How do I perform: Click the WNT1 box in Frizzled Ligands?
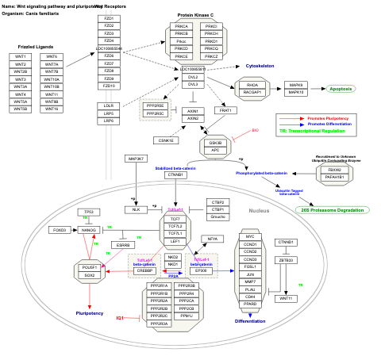point(21,57)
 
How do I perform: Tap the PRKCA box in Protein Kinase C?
point(182,27)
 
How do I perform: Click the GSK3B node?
point(214,143)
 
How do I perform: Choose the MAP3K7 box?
point(136,159)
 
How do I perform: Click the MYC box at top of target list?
point(250,236)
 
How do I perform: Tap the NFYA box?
point(212,239)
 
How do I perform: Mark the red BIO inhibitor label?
point(255,129)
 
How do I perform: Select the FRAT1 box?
point(225,112)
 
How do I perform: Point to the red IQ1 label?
point(120,317)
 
